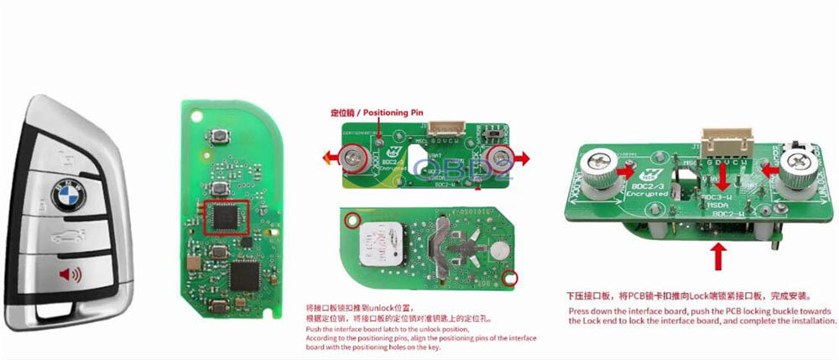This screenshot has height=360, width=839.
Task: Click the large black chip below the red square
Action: (244, 274)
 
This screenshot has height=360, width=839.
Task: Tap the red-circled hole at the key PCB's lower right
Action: (506, 278)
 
